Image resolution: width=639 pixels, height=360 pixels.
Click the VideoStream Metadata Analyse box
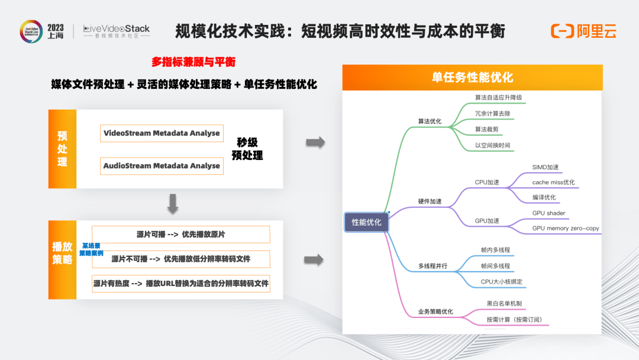(x=162, y=133)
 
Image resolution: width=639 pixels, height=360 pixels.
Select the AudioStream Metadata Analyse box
(x=162, y=166)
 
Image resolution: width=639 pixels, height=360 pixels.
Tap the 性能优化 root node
(x=366, y=222)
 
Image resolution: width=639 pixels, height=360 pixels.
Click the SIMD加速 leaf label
(x=546, y=167)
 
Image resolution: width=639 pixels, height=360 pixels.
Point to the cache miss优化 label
(x=553, y=182)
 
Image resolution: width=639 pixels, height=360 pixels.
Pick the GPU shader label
(x=548, y=213)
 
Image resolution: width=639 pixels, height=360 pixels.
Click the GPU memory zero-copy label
(x=566, y=229)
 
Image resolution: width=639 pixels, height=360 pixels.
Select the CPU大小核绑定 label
(x=501, y=282)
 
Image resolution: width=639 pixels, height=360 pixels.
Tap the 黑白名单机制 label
(x=504, y=303)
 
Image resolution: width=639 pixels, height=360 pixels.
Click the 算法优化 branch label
(x=430, y=121)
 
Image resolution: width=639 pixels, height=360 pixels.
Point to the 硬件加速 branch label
(x=430, y=201)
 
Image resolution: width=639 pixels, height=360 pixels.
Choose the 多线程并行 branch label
(x=433, y=266)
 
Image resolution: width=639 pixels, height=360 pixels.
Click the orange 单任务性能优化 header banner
(x=472, y=78)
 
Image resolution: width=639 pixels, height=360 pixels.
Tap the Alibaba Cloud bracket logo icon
(x=563, y=31)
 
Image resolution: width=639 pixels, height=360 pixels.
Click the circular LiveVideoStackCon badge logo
(x=31, y=31)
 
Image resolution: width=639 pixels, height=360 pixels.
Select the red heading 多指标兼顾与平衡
(x=193, y=62)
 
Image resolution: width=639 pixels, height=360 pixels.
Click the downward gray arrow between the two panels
(x=173, y=204)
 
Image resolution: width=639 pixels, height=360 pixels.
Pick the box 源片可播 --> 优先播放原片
(x=181, y=234)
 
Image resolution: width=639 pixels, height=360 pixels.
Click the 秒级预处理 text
(x=247, y=149)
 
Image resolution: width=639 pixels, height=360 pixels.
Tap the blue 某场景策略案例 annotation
(x=91, y=249)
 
